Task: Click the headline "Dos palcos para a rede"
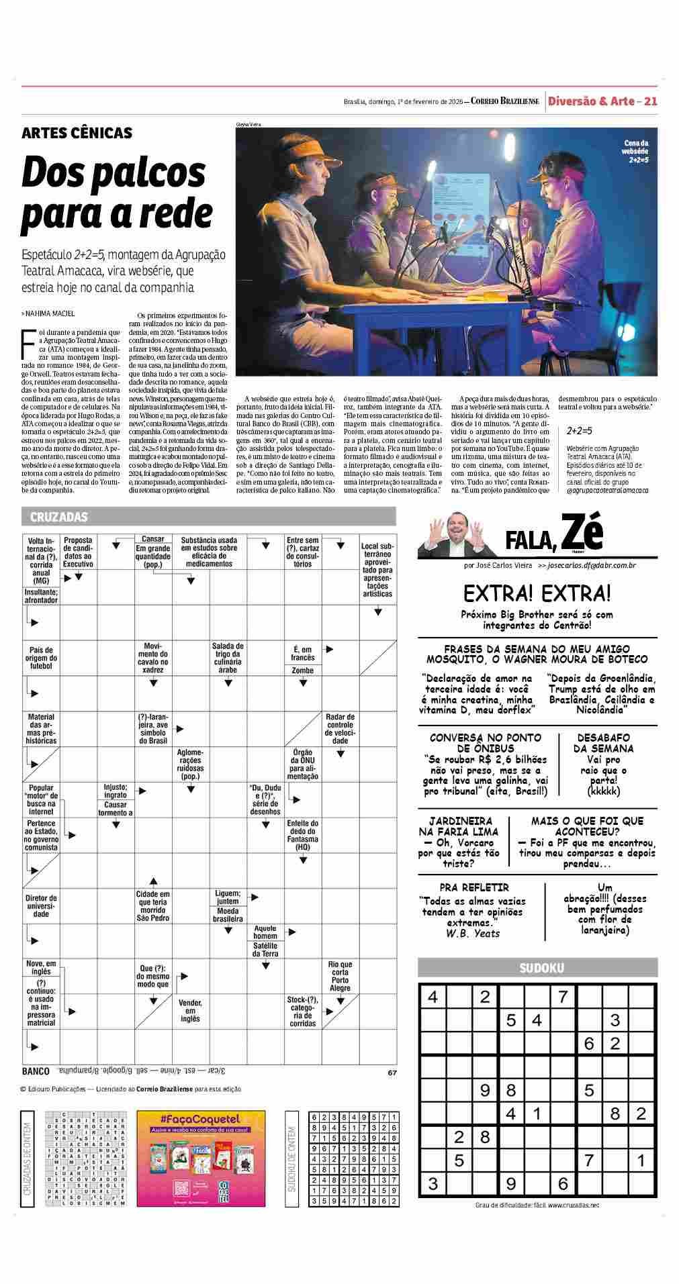(x=117, y=193)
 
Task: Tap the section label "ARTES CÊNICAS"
(x=77, y=133)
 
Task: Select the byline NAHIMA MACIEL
(x=50, y=313)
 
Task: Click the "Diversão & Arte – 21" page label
(x=602, y=101)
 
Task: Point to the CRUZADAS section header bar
(x=208, y=517)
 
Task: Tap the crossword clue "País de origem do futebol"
(x=42, y=658)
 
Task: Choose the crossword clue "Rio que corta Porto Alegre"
(x=340, y=977)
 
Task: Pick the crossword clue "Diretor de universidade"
(x=42, y=905)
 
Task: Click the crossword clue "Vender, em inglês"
(x=190, y=1010)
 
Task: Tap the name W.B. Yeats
(x=473, y=933)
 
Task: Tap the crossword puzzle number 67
(x=392, y=1073)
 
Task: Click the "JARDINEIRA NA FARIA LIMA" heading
(x=460, y=826)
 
